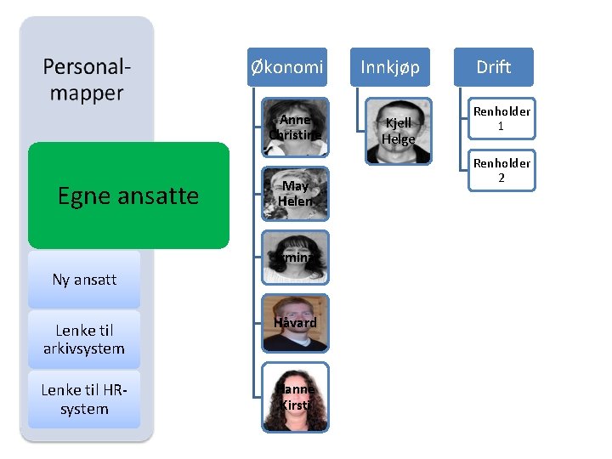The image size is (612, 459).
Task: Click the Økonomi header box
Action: tap(287, 67)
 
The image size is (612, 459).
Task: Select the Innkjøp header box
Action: tap(390, 67)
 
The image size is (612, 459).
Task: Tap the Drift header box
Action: tap(493, 67)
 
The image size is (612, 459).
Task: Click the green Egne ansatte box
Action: tap(128, 195)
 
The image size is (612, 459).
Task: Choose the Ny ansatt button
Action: tap(84, 280)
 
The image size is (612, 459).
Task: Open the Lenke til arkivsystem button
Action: tap(84, 339)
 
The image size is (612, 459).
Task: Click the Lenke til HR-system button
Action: tap(84, 399)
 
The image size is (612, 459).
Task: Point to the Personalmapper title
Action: tap(87, 80)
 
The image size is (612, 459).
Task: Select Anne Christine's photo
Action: tap(295, 128)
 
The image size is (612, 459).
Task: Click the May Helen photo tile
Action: tap(295, 193)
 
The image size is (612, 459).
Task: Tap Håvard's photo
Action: tap(295, 323)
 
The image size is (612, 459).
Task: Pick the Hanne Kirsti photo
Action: tap(295, 396)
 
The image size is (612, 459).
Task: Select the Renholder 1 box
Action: tap(501, 119)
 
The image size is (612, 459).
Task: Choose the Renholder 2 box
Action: tap(501, 170)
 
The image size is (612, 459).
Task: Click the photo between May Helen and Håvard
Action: tap(295, 257)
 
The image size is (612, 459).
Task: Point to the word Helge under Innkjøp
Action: tap(398, 139)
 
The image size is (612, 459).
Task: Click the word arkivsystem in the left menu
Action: tap(84, 348)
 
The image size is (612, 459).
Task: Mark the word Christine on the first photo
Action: tap(295, 135)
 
